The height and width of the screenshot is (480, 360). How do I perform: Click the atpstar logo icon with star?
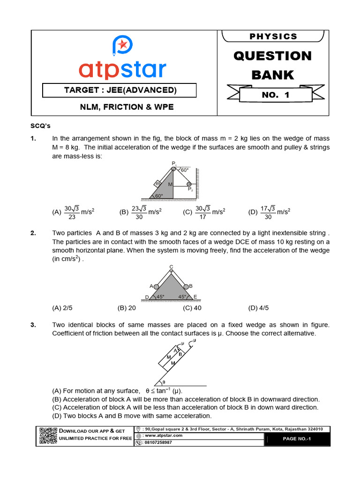click(x=122, y=45)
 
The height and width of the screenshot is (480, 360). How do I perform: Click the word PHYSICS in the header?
click(x=273, y=36)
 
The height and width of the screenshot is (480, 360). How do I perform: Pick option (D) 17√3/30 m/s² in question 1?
click(x=269, y=211)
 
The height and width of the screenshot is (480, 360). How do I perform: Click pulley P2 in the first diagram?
click(x=189, y=184)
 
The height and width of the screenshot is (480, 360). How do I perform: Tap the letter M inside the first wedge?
click(x=170, y=185)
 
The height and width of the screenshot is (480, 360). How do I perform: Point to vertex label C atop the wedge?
click(x=171, y=266)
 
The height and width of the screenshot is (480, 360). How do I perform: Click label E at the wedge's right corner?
click(x=195, y=297)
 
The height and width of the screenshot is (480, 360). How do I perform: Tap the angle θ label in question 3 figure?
click(x=163, y=382)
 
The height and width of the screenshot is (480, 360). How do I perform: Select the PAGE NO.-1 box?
click(x=297, y=439)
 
